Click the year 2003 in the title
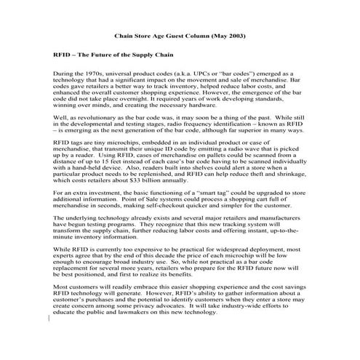(231, 36)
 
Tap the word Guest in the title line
(172, 36)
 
